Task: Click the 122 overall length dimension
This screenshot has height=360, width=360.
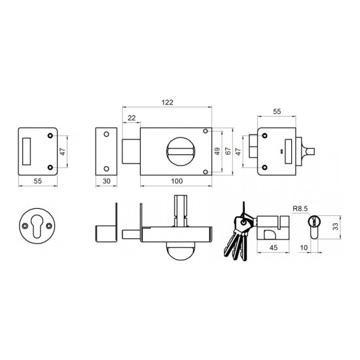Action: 167,102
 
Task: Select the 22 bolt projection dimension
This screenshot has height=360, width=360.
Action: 132,118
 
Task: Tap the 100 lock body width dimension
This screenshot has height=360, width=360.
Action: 177,181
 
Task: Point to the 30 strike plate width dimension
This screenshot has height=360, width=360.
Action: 107,181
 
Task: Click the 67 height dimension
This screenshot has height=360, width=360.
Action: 228,151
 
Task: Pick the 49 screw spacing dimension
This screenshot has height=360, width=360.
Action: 217,151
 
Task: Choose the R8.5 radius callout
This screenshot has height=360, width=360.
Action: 300,209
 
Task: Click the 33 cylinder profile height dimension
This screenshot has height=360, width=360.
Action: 335,227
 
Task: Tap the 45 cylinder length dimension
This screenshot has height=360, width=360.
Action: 273,247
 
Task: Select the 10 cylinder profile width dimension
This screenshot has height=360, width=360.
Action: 304,247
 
